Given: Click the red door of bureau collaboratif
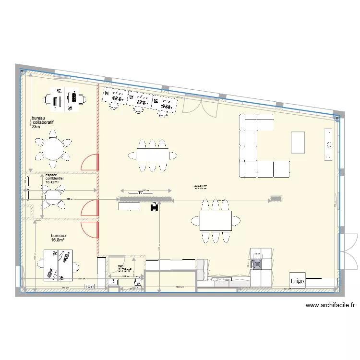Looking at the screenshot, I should tap(90, 163).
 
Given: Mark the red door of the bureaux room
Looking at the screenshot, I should tap(90, 230).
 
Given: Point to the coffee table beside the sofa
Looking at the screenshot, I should tap(298, 142).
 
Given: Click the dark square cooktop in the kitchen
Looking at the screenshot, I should tap(258, 263).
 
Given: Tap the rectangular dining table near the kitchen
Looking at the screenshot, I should tap(216, 221).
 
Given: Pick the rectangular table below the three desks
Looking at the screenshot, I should tap(153, 155).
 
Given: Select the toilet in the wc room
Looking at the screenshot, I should tap(138, 282).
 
